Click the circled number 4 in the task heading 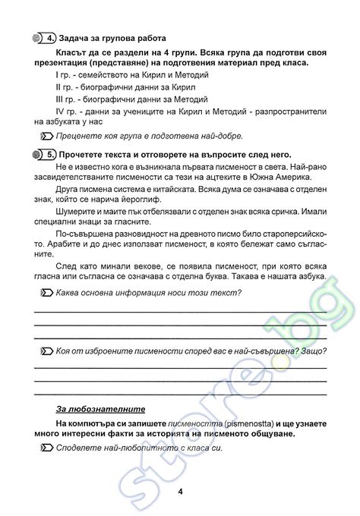[49, 36]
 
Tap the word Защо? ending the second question [313, 351]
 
